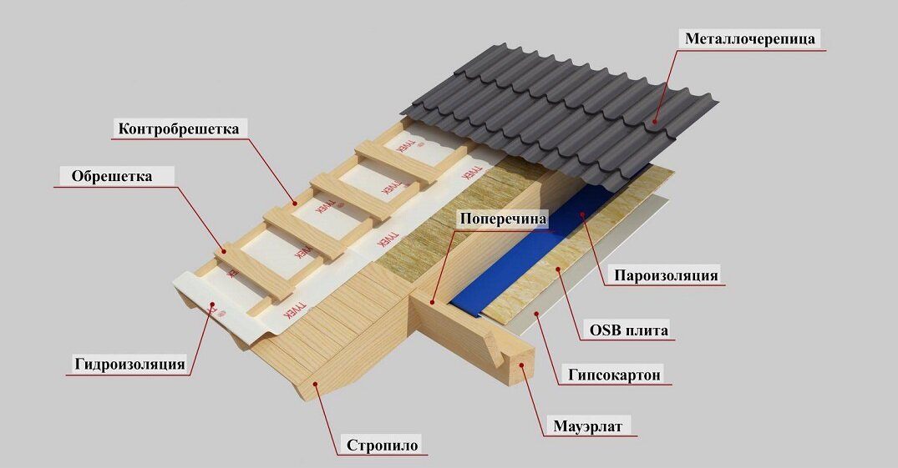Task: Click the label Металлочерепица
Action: (749, 38)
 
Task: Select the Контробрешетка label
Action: (178, 128)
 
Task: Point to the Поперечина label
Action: (501, 219)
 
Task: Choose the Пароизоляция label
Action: (666, 275)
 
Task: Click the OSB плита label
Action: (628, 330)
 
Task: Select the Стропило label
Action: (382, 445)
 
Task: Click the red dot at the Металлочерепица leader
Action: (654, 123)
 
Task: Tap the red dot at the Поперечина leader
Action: (433, 302)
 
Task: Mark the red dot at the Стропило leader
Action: (314, 384)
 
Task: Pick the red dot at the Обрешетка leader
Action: (222, 249)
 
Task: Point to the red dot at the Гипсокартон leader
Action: (535, 315)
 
